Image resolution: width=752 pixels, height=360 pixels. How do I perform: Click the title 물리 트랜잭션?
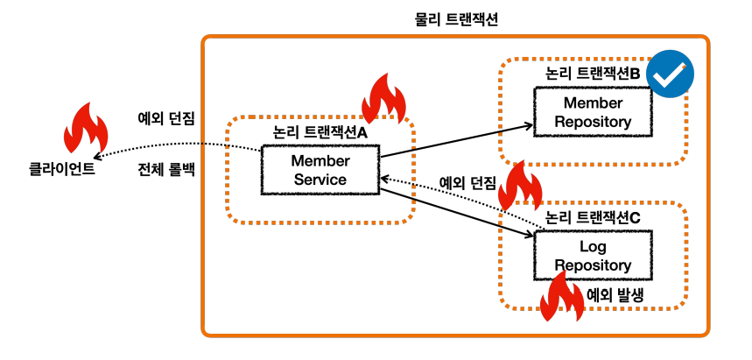click(455, 19)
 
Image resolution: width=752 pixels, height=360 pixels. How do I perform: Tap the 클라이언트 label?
click(62, 170)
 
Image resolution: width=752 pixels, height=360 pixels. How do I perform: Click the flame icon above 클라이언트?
click(86, 128)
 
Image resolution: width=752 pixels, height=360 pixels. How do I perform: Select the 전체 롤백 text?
click(166, 171)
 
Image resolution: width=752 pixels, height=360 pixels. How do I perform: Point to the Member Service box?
click(320, 169)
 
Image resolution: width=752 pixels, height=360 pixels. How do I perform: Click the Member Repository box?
click(593, 112)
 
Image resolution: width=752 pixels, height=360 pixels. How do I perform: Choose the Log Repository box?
click(593, 256)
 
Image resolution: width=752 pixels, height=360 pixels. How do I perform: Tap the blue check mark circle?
click(670, 74)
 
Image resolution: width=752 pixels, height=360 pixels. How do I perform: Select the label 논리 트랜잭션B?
click(594, 74)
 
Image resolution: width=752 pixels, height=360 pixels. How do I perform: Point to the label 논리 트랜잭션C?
click(594, 217)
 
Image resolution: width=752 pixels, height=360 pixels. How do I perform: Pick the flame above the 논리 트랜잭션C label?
click(520, 186)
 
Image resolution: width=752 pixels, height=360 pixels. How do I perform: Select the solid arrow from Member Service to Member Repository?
click(457, 141)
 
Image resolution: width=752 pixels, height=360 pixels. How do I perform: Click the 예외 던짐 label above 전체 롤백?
click(166, 119)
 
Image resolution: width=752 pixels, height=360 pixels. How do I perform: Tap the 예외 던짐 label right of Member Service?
click(468, 182)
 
